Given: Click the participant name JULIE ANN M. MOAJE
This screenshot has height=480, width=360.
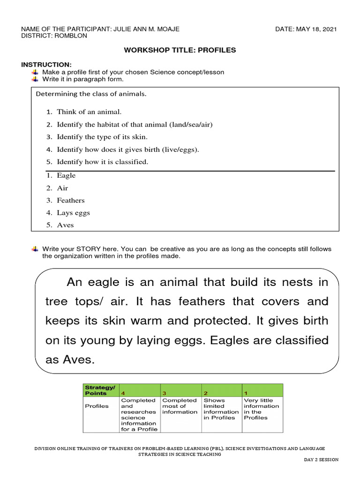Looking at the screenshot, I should point(146,29).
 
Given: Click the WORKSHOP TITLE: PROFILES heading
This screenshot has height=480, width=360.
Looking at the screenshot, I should point(180,50).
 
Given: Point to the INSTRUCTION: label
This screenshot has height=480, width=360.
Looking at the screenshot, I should point(46,64).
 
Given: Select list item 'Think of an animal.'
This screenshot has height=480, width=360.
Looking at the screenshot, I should point(89,112).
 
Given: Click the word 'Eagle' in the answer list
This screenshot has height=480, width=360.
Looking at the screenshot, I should point(66,175).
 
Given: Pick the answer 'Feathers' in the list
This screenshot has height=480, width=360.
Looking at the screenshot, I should point(71,200).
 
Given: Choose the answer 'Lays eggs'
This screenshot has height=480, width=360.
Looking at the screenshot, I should point(73,212).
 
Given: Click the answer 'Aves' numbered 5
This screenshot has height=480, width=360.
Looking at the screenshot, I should point(65,225).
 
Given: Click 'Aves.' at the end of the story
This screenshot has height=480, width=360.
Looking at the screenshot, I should point(70,360).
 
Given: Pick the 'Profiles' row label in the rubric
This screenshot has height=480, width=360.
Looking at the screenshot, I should point(97,406).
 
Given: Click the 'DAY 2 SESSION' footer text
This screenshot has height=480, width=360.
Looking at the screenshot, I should point(321,459).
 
